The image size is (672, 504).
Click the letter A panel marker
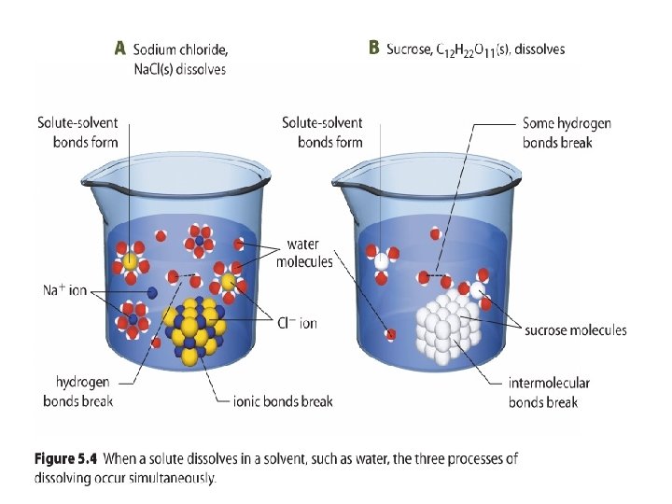(119, 49)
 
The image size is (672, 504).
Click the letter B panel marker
(373, 48)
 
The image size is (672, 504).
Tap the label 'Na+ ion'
(65, 290)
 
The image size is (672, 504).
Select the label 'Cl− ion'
(298, 324)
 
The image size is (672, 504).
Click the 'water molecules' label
(303, 254)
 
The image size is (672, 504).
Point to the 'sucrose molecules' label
(576, 330)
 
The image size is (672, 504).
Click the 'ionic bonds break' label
(283, 401)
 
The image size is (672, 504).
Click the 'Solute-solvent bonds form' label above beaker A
(82, 133)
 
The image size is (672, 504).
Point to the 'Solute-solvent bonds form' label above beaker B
(322, 133)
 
